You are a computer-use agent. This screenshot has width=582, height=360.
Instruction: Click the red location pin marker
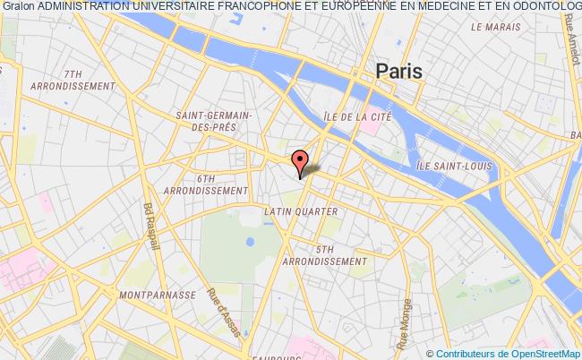[300, 163]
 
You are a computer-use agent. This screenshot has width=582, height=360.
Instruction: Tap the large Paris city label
[399, 71]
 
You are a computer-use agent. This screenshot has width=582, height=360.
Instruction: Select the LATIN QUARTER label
[300, 211]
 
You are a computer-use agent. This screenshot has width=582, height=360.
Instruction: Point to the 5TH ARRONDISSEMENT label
[325, 254]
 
